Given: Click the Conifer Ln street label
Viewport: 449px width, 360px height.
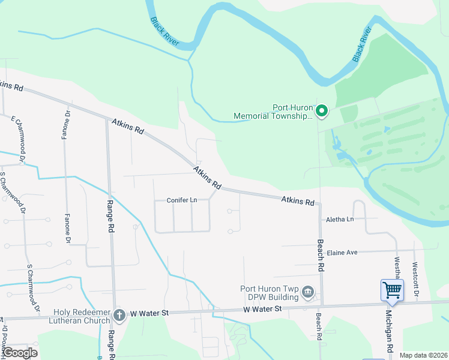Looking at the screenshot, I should tap(182, 200).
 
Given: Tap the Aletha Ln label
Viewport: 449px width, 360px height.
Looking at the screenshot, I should tap(340, 220).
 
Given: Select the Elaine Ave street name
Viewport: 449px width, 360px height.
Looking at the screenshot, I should tap(342, 253).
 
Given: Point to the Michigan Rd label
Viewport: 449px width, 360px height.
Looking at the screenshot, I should tap(390, 336).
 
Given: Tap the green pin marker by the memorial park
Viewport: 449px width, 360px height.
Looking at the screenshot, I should tap(322, 110).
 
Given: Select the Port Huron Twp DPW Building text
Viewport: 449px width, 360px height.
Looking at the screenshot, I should tap(269, 293).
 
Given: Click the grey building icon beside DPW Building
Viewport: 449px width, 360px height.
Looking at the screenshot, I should tap(308, 292).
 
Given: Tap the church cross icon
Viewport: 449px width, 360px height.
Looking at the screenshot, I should tap(119, 314).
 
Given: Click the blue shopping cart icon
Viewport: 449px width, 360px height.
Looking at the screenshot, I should tap(392, 290).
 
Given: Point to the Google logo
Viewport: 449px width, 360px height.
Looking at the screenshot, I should tap(20, 353).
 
